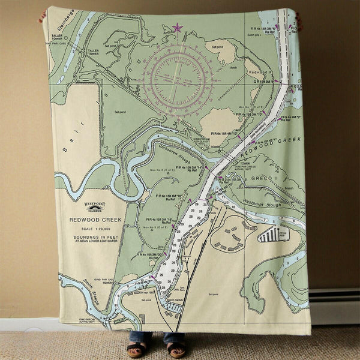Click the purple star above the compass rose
[177, 27]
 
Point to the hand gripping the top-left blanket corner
[42, 16]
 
